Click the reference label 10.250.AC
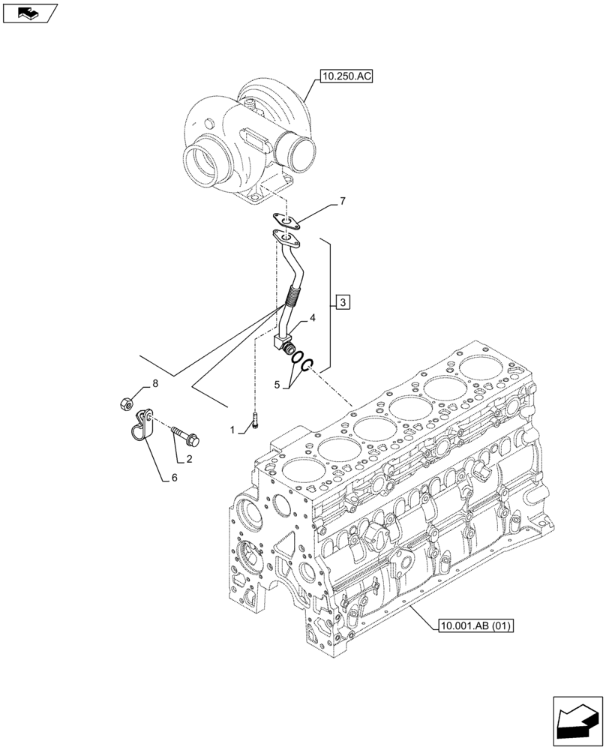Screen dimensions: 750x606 346,76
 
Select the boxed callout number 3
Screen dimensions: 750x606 342,303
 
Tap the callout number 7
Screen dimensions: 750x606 343,201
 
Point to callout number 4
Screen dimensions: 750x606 312,319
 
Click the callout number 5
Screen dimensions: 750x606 277,385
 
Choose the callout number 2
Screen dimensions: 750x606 190,459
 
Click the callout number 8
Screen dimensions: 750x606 155,383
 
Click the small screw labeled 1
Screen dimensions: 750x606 256,421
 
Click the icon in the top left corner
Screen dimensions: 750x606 29,12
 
